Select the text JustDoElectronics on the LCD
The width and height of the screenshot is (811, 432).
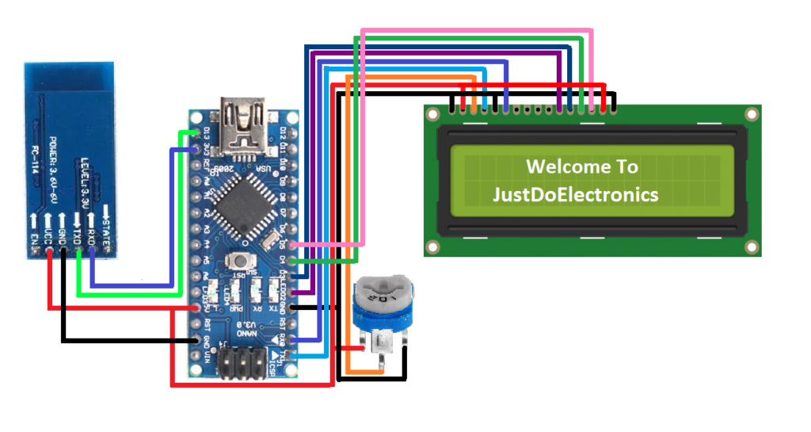point(575,193)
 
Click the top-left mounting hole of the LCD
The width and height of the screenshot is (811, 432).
point(431,114)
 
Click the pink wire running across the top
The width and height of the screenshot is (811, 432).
point(475,32)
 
